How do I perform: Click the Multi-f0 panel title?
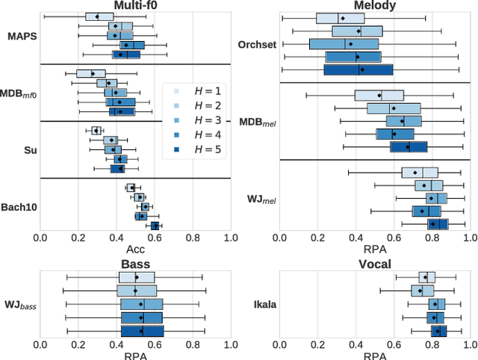click(134, 6)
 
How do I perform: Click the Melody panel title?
click(374, 6)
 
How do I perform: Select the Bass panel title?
click(134, 264)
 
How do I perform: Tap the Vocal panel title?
click(374, 264)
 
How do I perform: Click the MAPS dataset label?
click(20, 35)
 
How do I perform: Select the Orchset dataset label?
click(257, 43)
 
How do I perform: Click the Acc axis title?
click(135, 249)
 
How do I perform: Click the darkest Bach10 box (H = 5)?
click(155, 225)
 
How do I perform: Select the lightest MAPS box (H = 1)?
click(99, 16)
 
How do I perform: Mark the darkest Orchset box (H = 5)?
click(358, 69)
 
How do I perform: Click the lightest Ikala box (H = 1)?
click(428, 278)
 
